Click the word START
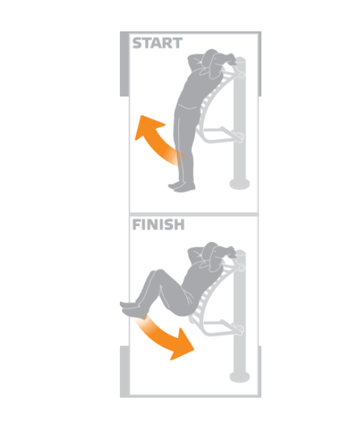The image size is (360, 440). [157, 43]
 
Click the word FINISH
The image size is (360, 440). [158, 225]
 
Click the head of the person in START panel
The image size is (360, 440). [213, 63]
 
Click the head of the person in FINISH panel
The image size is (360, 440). [213, 256]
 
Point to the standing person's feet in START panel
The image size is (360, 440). [182, 186]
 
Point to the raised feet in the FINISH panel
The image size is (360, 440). [132, 308]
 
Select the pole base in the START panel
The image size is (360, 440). [239, 184]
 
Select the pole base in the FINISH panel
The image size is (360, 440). [239, 377]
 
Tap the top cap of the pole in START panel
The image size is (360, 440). [241, 60]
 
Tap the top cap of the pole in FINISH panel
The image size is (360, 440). [241, 253]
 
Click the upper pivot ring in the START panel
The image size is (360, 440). [241, 75]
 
